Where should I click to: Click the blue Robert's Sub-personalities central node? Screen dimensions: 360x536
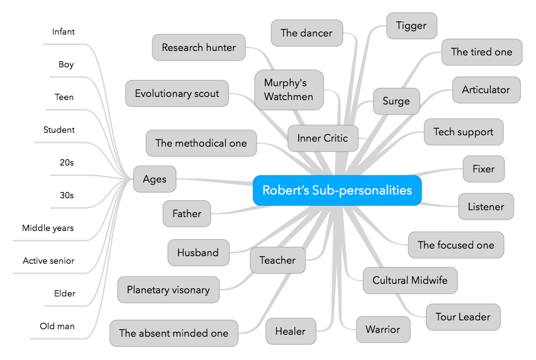(x=337, y=190)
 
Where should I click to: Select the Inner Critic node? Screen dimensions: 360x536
(x=322, y=138)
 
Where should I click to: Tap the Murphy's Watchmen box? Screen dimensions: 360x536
(x=289, y=90)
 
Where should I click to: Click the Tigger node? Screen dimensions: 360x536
(x=411, y=26)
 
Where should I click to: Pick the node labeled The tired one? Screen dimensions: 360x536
(x=481, y=52)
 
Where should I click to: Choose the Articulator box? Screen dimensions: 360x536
(x=486, y=90)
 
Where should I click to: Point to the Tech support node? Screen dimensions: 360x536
(x=463, y=132)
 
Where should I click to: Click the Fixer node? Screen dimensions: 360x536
(x=483, y=169)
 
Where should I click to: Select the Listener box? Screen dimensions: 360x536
(x=486, y=206)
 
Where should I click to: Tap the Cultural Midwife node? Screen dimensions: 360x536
(x=410, y=280)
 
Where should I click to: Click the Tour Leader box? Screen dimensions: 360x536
(x=462, y=317)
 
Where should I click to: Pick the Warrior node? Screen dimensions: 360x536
(x=382, y=329)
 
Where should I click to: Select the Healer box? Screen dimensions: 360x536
(x=290, y=331)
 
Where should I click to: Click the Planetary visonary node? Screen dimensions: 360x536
(x=168, y=290)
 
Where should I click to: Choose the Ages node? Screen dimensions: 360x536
(x=154, y=179)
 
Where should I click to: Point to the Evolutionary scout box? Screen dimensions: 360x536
(x=177, y=94)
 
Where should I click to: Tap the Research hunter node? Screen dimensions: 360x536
(x=198, y=47)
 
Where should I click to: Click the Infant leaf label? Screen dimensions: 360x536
(x=64, y=32)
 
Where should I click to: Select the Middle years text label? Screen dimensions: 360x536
(x=48, y=228)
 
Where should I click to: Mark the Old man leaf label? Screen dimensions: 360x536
(x=57, y=326)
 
